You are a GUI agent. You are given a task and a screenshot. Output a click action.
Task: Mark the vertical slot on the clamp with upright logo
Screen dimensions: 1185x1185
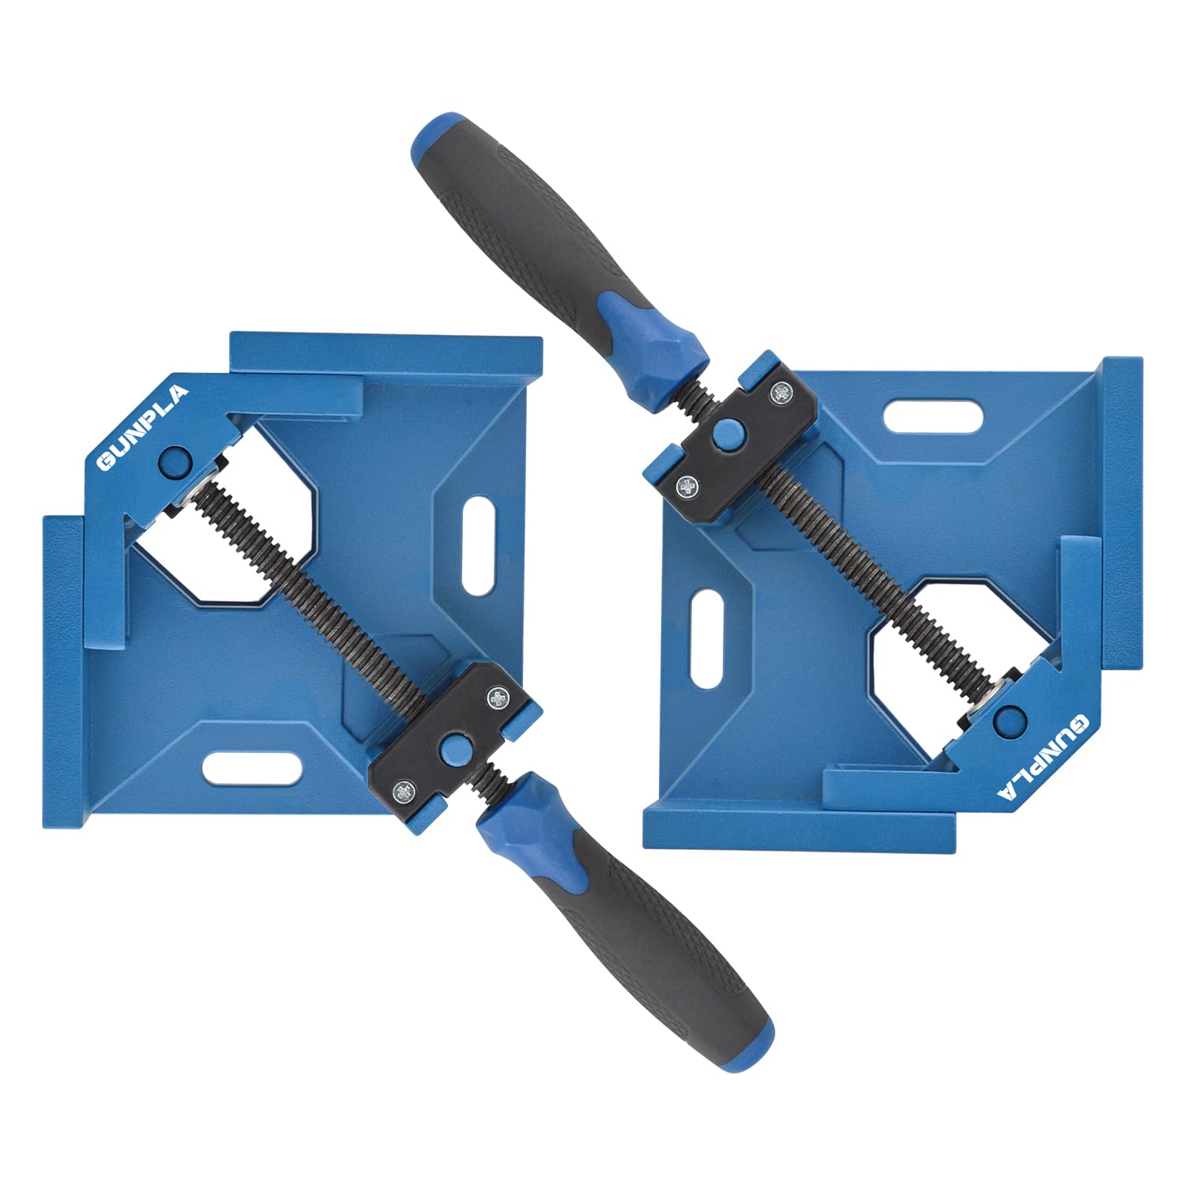[476, 545]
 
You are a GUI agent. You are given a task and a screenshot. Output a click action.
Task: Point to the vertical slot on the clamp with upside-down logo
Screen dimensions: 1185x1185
[707, 638]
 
